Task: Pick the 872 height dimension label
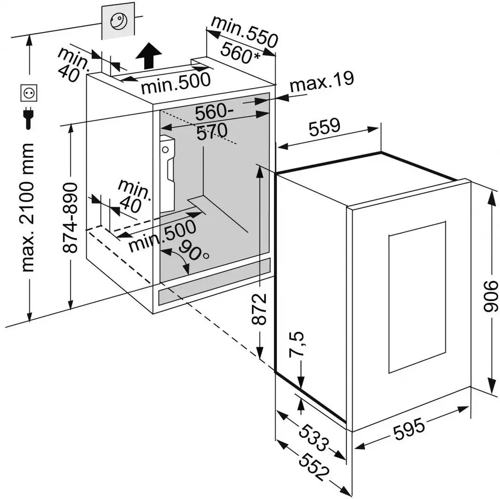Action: (261, 309)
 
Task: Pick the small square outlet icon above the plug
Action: (29, 93)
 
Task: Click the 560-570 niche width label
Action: (212, 122)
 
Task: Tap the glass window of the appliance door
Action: (417, 297)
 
